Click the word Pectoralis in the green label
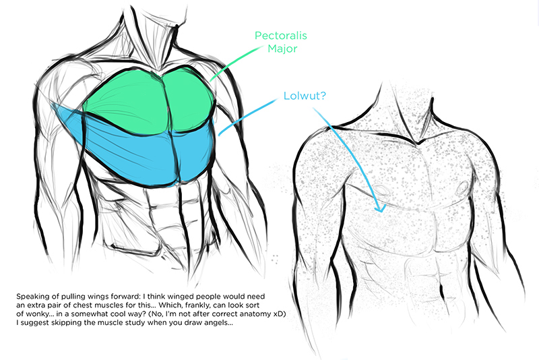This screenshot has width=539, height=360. click(276, 36)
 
